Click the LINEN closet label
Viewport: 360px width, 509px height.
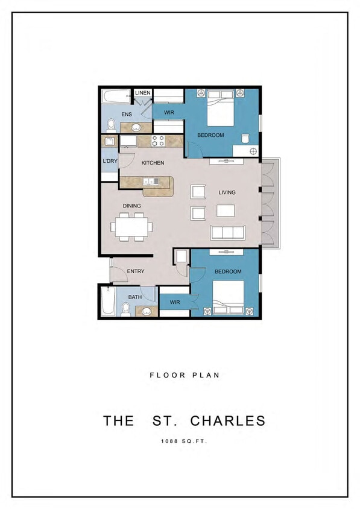[x=142, y=93]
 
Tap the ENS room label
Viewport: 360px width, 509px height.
[x=127, y=114]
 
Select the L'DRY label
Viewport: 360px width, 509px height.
[x=109, y=162]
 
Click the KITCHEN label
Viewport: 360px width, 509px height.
[x=153, y=163]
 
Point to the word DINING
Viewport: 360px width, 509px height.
[x=132, y=206]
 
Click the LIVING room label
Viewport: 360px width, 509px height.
[x=227, y=192]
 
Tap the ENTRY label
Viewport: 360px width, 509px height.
[x=136, y=271]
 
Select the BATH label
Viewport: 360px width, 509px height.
[x=135, y=296]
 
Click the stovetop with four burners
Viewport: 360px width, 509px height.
[x=158, y=141]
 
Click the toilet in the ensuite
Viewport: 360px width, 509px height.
[x=111, y=125]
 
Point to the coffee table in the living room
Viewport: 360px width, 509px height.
[x=226, y=210]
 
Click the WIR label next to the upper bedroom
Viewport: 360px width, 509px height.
[x=169, y=112]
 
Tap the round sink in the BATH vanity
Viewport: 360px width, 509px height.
[x=145, y=312]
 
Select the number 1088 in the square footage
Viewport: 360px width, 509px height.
[x=169, y=442]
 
